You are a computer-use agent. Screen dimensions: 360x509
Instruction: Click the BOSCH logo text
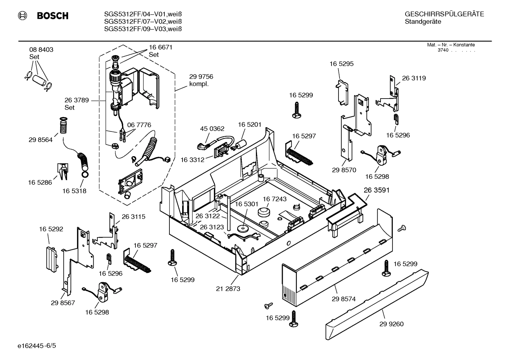pyautogui.click(x=52, y=16)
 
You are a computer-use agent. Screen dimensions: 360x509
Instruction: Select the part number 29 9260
pyautogui.click(x=391, y=324)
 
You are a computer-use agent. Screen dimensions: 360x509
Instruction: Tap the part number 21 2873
pyautogui.click(x=228, y=289)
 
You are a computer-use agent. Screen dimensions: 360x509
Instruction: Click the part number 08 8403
pyautogui.click(x=41, y=50)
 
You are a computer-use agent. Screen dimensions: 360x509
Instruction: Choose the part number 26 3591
pyautogui.click(x=377, y=190)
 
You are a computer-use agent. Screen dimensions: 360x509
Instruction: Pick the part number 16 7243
pyautogui.click(x=275, y=199)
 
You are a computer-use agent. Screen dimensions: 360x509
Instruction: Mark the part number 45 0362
pyautogui.click(x=212, y=129)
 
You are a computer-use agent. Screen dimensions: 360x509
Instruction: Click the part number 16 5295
pyautogui.click(x=341, y=64)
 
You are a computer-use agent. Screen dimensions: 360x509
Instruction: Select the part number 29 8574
pyautogui.click(x=343, y=299)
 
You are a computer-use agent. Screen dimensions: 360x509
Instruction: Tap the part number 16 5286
pyautogui.click(x=40, y=182)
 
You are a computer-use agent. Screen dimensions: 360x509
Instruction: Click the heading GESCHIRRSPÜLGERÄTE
pyautogui.click(x=444, y=14)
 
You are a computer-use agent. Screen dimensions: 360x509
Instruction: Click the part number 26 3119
pyautogui.click(x=414, y=78)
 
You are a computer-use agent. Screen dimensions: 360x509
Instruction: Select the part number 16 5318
pyautogui.click(x=74, y=191)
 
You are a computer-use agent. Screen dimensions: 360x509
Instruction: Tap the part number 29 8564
pyautogui.click(x=41, y=140)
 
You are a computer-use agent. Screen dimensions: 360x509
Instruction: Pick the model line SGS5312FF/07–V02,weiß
pyautogui.click(x=143, y=22)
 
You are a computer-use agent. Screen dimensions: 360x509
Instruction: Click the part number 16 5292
pyautogui.click(x=51, y=229)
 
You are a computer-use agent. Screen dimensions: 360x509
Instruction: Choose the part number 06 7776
pyautogui.click(x=139, y=125)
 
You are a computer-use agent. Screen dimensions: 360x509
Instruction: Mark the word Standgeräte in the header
pyautogui.click(x=423, y=22)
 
